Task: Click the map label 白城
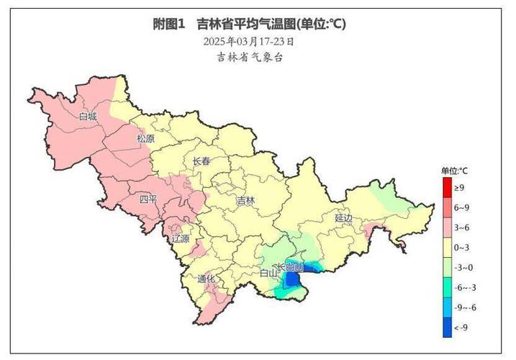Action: pos(88,117)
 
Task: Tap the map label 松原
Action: pos(146,138)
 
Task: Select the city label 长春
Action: pos(202,162)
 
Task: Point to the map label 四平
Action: pos(148,199)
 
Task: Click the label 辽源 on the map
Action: pos(181,238)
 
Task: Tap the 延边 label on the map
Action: pos(344,217)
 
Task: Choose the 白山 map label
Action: pos(268,273)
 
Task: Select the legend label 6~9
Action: pos(461,207)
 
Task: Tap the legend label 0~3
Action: pos(461,247)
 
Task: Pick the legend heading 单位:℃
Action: pos(455,171)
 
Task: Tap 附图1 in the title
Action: pos(170,24)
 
